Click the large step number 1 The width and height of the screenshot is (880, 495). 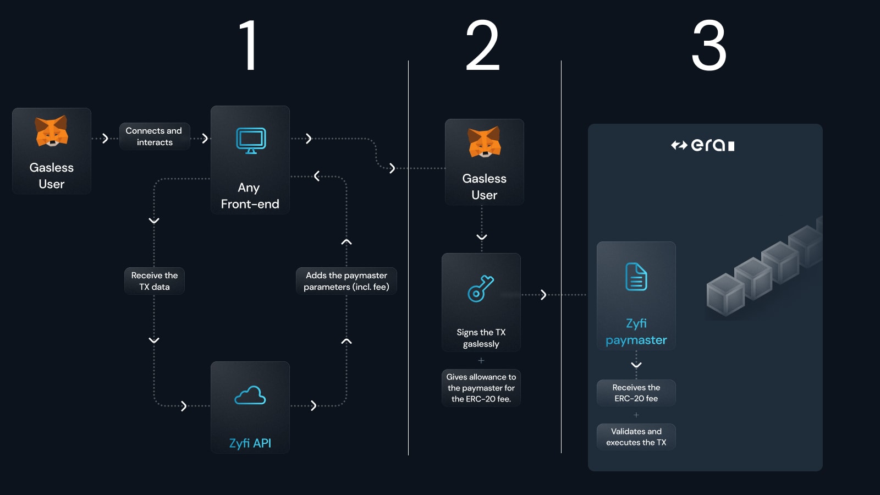tap(249, 46)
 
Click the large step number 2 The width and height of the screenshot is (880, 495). tap(482, 46)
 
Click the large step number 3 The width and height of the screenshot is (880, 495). tap(709, 46)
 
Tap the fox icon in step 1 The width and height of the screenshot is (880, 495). tap(52, 131)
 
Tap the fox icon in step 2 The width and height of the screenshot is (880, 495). tap(484, 142)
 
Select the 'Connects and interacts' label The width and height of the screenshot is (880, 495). tap(154, 136)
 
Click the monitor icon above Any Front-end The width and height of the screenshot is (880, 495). tap(251, 141)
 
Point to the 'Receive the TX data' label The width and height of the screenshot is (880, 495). tap(155, 281)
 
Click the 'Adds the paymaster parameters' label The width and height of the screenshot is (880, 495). tap(346, 281)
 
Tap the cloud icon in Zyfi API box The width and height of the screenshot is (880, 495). tap(250, 395)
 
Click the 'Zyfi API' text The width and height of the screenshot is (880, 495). tap(250, 443)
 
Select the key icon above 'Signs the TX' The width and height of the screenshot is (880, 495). tap(481, 288)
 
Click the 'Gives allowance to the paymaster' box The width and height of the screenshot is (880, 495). tap(481, 388)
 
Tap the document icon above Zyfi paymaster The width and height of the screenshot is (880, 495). tap(636, 277)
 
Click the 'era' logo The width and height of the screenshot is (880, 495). tap(703, 145)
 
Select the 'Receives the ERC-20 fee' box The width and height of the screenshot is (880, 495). tap(636, 393)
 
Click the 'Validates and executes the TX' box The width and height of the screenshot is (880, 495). tap(636, 437)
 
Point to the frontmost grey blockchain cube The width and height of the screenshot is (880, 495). tap(725, 295)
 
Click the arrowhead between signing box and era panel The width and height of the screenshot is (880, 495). tap(543, 295)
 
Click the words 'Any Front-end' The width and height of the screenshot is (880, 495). tap(250, 196)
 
